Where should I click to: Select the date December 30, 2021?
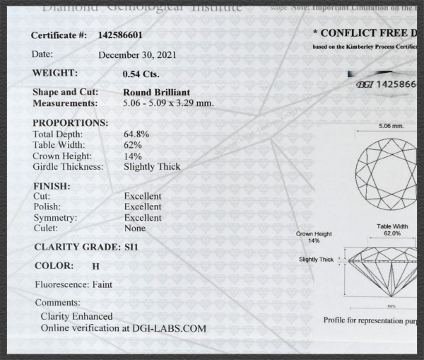(x=137, y=54)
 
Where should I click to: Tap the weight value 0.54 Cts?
(x=141, y=74)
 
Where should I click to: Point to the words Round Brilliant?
(x=156, y=92)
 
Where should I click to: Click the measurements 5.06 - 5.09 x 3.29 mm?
(x=168, y=103)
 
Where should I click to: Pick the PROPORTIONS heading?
(x=70, y=123)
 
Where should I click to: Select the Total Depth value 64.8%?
(x=136, y=134)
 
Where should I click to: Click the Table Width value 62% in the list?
(x=132, y=145)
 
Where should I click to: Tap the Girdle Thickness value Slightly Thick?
(x=151, y=167)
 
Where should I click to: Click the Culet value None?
(x=134, y=228)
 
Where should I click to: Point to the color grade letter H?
(x=95, y=267)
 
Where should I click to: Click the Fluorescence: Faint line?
(x=73, y=285)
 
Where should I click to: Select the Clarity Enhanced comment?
(x=76, y=316)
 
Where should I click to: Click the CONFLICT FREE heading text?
(x=364, y=33)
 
